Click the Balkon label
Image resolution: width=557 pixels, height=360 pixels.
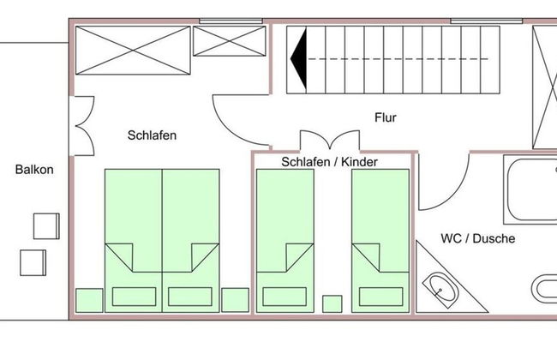click(x=34, y=170)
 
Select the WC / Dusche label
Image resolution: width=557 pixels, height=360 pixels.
click(x=478, y=238)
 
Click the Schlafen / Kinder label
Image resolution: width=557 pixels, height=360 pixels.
click(x=329, y=161)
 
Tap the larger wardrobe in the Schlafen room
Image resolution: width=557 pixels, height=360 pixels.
click(x=132, y=53)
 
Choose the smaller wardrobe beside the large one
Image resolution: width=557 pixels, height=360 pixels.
click(x=228, y=41)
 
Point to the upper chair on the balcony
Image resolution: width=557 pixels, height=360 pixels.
click(x=46, y=225)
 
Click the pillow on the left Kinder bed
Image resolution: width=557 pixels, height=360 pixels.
click(x=286, y=294)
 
